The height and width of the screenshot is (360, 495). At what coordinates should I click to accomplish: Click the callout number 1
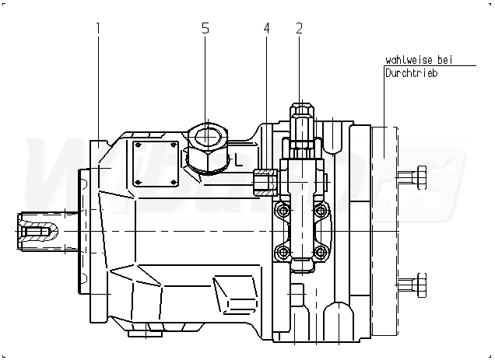pyautogui.click(x=99, y=29)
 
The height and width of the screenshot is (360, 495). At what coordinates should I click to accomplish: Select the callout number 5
pyautogui.click(x=205, y=29)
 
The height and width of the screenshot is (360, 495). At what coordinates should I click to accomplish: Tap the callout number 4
pyautogui.click(x=267, y=29)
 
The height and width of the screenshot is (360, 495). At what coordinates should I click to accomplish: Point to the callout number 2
pyautogui.click(x=299, y=29)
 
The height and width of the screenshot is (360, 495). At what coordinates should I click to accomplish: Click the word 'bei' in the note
pyautogui.click(x=445, y=60)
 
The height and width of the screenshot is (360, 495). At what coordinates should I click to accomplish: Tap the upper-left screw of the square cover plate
pyautogui.click(x=139, y=145)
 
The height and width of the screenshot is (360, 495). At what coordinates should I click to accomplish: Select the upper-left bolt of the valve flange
pyautogui.click(x=283, y=211)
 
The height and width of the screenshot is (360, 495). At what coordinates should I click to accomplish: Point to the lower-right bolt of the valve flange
pyautogui.click(x=321, y=251)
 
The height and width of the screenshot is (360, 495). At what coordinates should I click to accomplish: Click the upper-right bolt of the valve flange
pyautogui.click(x=321, y=211)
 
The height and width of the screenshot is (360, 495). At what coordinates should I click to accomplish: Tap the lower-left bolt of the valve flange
pyautogui.click(x=283, y=251)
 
